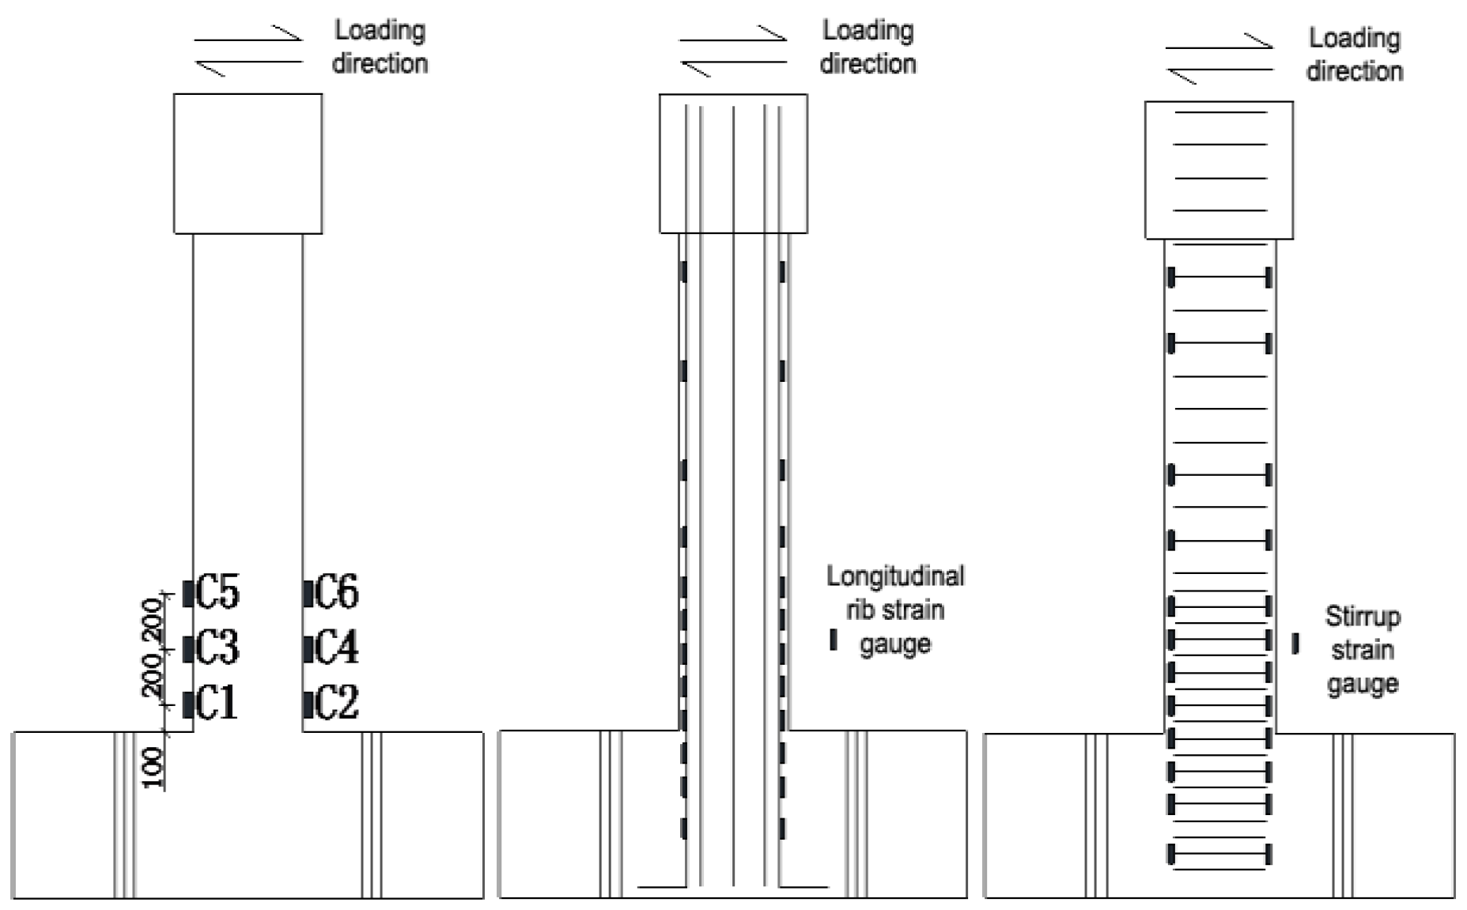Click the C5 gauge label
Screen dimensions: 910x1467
pos(217,592)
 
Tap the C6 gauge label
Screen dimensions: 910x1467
pos(337,592)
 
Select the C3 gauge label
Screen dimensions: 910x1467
pos(217,648)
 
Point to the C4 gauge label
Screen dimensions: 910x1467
pos(337,648)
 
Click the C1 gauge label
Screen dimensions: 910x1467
pos(217,703)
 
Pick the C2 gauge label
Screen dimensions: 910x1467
pos(337,703)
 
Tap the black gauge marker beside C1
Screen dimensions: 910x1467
pos(187,704)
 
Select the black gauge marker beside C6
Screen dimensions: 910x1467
pos(308,593)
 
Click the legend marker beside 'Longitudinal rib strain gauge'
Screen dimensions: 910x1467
pos(833,640)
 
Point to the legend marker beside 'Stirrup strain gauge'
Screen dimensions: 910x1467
pos(1295,644)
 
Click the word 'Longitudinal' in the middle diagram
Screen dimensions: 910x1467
pos(895,576)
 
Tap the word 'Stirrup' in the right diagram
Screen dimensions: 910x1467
pos(1363,616)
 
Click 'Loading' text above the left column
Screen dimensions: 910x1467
pos(380,31)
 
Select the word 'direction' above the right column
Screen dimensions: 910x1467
pos(1355,71)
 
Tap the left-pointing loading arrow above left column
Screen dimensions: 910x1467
pos(248,65)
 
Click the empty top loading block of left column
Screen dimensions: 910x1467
pos(248,164)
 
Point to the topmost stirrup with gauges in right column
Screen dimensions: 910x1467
pos(1219,278)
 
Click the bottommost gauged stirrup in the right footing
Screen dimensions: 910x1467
pos(1219,855)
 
